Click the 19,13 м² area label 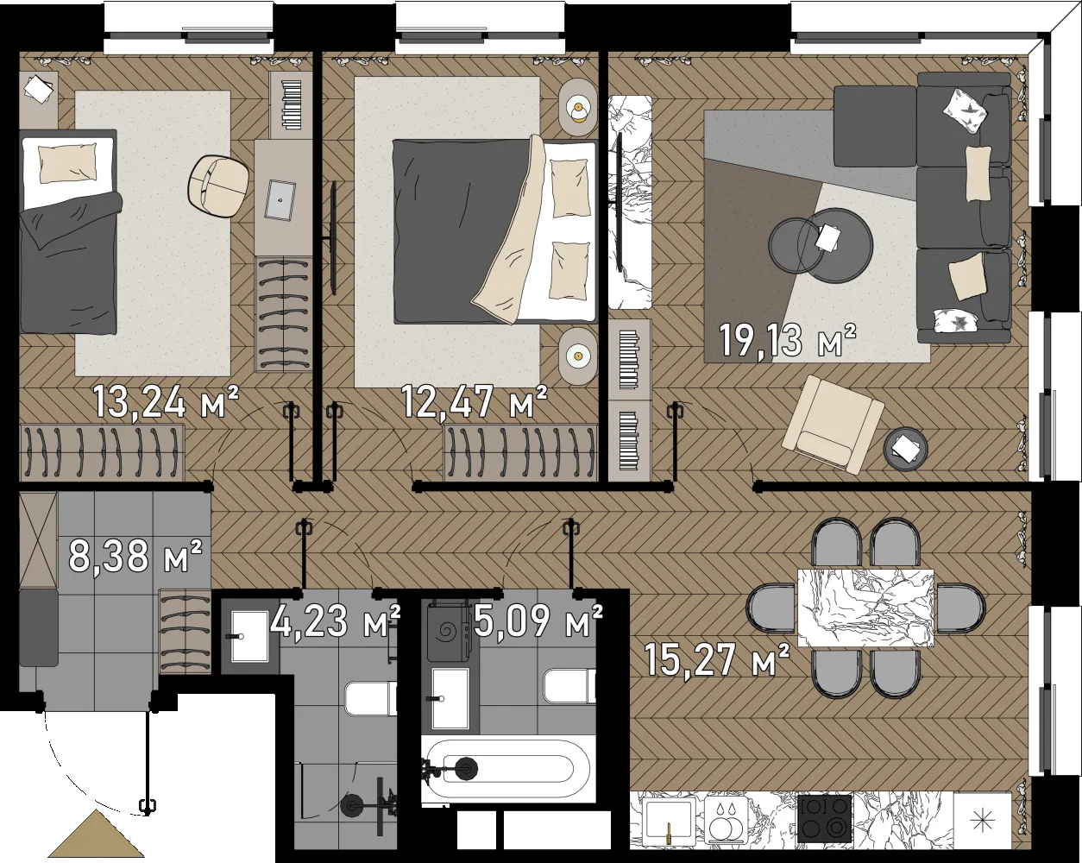(x=788, y=341)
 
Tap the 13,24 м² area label (x=166, y=402)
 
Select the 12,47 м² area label (x=475, y=402)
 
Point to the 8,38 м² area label (x=135, y=556)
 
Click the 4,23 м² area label (x=335, y=621)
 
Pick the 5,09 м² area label (x=538, y=621)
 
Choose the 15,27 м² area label (x=717, y=660)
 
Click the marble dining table (x=865, y=608)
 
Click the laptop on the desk (x=280, y=199)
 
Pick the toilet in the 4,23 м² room (x=371, y=698)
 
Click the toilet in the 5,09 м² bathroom (x=570, y=685)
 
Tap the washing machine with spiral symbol (x=449, y=630)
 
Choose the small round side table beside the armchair (x=906, y=449)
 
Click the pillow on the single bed (x=67, y=164)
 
